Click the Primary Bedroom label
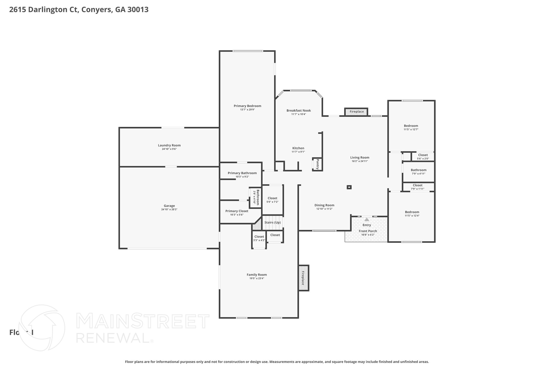(247, 106)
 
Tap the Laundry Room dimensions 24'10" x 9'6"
(169, 149)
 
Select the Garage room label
(169, 206)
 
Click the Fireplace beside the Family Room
(303, 278)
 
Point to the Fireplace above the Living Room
(356, 112)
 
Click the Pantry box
(317, 164)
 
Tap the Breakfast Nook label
(298, 111)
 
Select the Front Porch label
(368, 231)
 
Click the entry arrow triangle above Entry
(367, 220)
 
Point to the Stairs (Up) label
(272, 222)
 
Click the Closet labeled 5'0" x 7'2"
(272, 200)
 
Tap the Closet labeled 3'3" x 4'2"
(259, 238)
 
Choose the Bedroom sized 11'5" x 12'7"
(411, 127)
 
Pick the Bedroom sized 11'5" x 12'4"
(412, 214)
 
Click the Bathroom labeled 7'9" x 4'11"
(418, 172)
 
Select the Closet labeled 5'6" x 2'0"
(423, 157)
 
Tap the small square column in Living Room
(349, 187)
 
